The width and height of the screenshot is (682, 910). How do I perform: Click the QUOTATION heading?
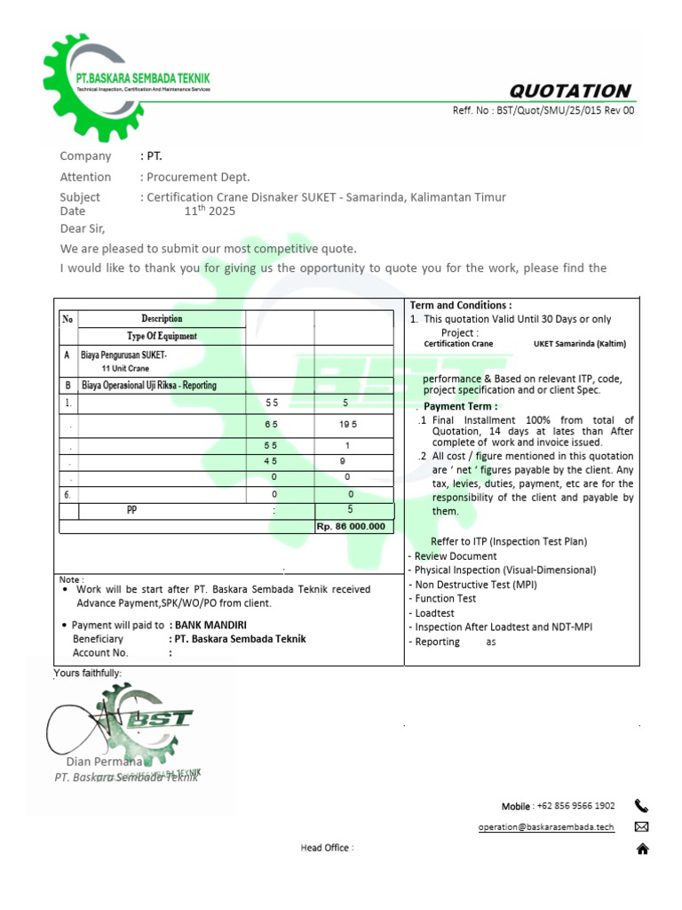(569, 91)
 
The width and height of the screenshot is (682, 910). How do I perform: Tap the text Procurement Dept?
(198, 177)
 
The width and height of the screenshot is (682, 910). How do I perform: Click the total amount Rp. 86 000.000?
(351, 526)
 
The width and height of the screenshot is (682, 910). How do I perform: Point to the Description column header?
(162, 319)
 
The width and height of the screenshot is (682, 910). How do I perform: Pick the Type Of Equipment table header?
(162, 336)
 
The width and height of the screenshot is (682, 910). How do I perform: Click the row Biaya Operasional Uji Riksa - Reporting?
(148, 386)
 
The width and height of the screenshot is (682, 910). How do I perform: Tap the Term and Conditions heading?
(460, 305)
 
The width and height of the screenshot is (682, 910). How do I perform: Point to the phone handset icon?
(642, 806)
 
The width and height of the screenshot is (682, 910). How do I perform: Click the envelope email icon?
(642, 827)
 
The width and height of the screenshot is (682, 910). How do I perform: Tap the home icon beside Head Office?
(642, 849)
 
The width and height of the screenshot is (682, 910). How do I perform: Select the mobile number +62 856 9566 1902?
(575, 806)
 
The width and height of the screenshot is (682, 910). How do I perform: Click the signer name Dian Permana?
(103, 762)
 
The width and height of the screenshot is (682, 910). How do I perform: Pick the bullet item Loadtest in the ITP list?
(434, 613)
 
